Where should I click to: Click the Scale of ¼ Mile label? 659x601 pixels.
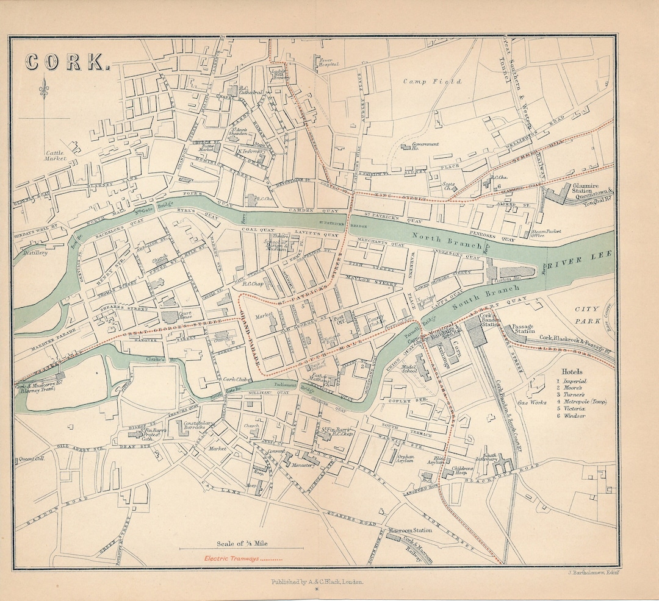point(241,543)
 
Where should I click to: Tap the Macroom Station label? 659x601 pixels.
point(410,530)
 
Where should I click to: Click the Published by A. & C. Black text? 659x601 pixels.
point(317,582)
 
